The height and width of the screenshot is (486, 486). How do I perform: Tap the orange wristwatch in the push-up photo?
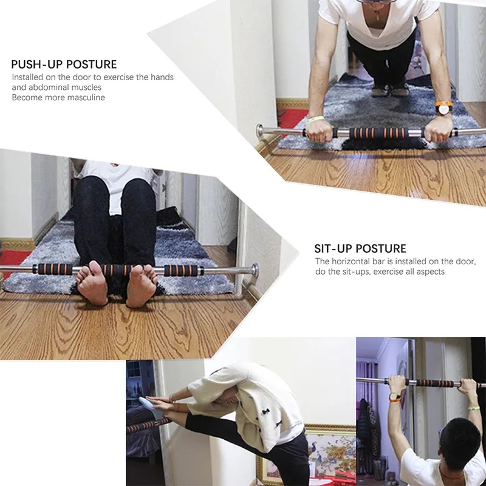click(x=444, y=108)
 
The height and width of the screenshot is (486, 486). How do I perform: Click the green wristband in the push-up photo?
click(x=315, y=119)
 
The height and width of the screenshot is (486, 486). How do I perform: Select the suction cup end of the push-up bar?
click(x=260, y=130)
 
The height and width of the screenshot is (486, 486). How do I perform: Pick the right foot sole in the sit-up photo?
click(x=142, y=285)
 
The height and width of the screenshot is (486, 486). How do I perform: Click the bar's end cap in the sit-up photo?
click(x=255, y=270)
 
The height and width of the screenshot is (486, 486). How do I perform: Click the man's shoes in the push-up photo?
click(x=391, y=90)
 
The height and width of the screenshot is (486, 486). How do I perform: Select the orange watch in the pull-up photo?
click(x=395, y=397)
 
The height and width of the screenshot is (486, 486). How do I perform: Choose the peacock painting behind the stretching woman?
click(x=329, y=453)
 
